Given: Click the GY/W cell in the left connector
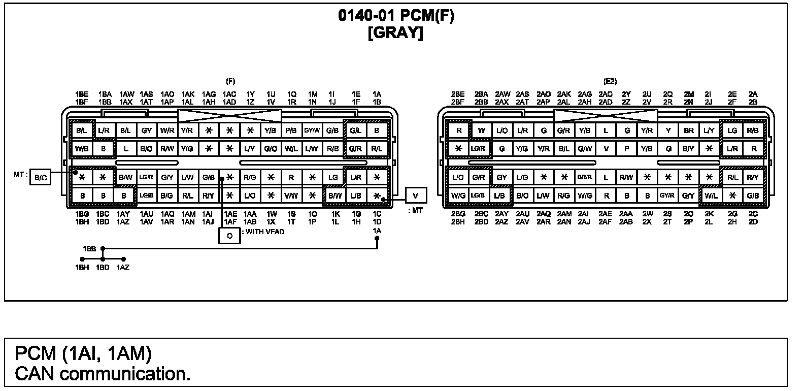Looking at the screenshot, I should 312,131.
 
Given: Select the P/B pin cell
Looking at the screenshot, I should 291,131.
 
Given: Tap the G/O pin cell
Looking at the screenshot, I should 271,149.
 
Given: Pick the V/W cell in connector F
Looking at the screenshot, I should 291,195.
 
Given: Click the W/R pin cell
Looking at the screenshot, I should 167,131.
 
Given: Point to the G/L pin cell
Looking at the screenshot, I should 355,131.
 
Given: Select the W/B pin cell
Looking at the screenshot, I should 82,149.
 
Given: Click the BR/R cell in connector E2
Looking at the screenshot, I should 585,177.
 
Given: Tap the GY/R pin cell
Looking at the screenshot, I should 667,195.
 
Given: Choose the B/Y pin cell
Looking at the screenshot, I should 688,149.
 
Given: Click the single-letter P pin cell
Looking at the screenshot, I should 627,149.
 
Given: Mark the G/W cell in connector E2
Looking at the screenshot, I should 585,149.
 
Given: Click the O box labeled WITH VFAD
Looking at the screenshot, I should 229,236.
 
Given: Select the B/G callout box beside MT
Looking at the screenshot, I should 40,177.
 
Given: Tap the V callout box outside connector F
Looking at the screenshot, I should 416,195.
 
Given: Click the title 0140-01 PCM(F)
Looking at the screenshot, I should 396,16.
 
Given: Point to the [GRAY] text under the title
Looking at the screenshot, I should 396,33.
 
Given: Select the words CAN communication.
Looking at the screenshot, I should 103,374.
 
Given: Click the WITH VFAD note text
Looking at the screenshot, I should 265,232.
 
